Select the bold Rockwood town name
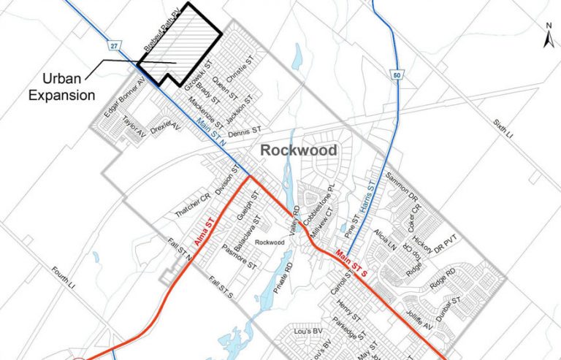[x=298, y=150]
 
